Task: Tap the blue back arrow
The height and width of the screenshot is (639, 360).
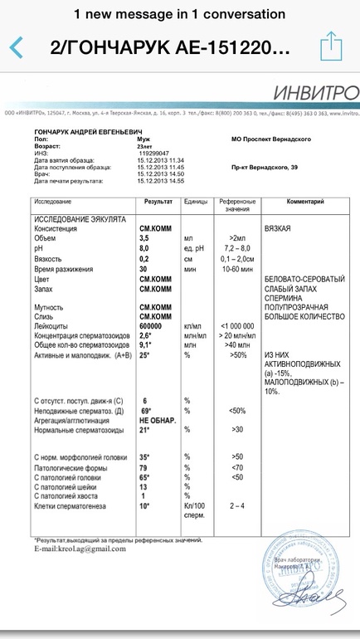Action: pyautogui.click(x=16, y=46)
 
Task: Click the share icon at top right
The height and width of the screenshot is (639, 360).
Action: pyautogui.click(x=331, y=45)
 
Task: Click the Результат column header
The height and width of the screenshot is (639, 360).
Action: pyautogui.click(x=158, y=202)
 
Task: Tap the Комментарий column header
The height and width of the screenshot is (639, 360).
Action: pyautogui.click(x=305, y=202)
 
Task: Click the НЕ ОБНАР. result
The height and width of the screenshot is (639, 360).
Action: pyautogui.click(x=158, y=420)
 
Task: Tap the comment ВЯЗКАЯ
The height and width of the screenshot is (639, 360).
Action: pyautogui.click(x=277, y=227)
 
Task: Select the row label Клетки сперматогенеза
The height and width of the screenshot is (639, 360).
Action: pyautogui.click(x=73, y=505)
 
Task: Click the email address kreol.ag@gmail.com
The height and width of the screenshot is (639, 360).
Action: pyautogui.click(x=80, y=549)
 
